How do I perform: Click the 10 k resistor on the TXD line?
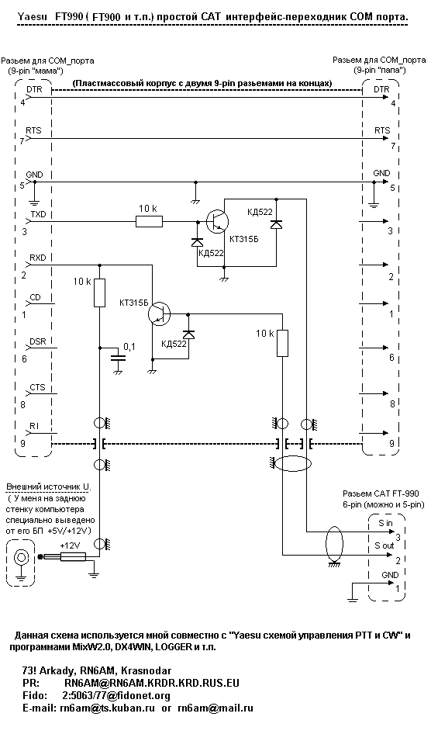pos(149,221)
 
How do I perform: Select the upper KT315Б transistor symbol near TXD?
pos(217,221)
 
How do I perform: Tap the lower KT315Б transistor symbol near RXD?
pos(159,313)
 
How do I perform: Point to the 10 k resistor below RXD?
pos(99,293)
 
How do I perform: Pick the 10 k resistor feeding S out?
pos(282,343)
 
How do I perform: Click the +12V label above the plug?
pos(70,545)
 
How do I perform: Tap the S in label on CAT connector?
pos(385,523)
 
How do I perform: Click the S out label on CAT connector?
pos(384,545)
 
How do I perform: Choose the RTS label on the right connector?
pos(382,130)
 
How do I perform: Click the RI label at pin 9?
pos(34,427)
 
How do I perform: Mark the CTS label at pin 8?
pos(37,387)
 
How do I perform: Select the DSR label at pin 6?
pos(38,341)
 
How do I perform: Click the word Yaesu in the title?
pos(31,18)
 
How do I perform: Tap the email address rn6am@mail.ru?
pos(215,708)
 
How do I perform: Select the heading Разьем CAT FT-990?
pos(381,493)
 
